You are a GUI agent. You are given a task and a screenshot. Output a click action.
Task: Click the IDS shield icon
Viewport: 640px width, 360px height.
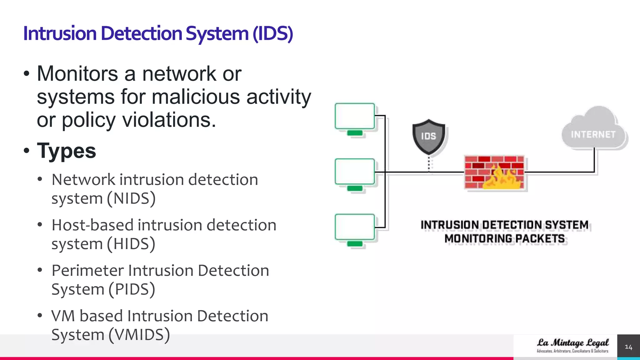point(428,137)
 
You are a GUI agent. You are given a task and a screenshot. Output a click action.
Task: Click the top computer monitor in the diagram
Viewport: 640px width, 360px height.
point(355,117)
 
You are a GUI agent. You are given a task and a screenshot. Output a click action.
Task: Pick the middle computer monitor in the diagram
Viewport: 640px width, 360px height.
point(355,172)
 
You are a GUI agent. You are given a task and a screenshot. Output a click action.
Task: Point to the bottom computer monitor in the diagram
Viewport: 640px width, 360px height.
point(355,227)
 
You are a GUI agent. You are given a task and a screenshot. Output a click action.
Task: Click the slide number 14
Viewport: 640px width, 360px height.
point(628,347)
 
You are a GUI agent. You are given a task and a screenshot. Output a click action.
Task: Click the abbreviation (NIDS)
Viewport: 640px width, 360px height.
point(131,198)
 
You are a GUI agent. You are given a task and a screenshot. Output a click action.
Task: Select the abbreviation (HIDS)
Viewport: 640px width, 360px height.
point(131,244)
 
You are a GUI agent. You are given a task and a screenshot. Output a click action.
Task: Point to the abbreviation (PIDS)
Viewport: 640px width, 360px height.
point(132,289)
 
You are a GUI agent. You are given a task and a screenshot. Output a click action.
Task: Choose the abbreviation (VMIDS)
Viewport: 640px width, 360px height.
point(139,335)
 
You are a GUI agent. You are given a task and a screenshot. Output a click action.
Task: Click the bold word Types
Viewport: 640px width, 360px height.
point(66,151)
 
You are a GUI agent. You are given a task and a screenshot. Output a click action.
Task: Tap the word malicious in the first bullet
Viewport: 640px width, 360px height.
point(196,97)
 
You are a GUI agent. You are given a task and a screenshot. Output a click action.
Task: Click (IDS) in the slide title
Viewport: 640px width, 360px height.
point(272,33)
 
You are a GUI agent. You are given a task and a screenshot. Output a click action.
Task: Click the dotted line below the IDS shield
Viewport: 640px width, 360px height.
point(429,164)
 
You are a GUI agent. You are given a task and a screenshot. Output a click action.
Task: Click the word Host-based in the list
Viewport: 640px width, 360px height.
point(92,225)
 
